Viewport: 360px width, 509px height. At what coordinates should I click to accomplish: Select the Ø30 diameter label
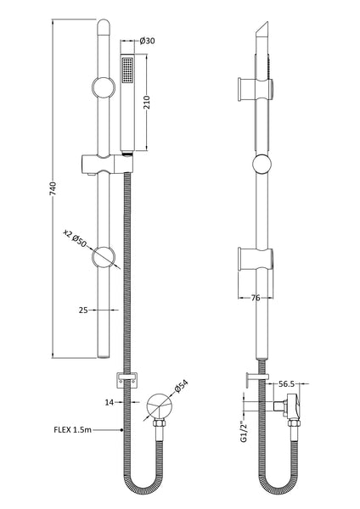coord(145,40)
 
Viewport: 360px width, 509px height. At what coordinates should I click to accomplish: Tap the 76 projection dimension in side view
coord(256,298)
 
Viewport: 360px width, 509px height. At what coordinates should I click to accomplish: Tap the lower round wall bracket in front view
coord(103,257)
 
